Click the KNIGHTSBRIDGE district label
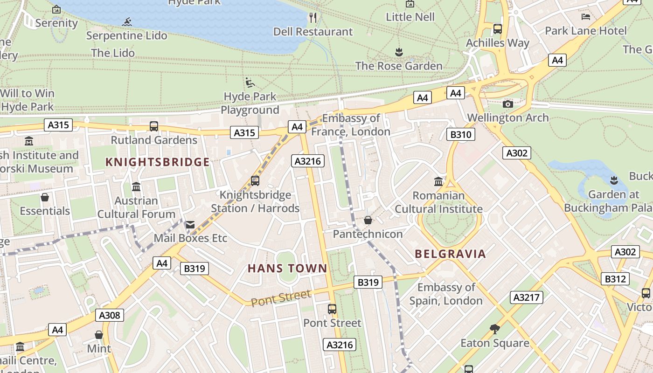click(157, 162)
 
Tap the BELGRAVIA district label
click(450, 254)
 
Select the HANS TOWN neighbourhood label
click(287, 269)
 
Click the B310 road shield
click(461, 135)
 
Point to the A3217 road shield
click(527, 297)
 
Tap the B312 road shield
click(615, 279)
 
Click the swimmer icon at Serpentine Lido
click(127, 22)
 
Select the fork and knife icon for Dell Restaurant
click(313, 18)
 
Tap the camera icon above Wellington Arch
click(508, 104)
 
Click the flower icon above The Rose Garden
click(399, 51)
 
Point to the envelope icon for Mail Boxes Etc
click(190, 225)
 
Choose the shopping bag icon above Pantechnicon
click(368, 220)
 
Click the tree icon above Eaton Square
click(494, 330)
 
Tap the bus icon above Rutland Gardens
click(154, 126)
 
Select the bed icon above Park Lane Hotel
click(586, 17)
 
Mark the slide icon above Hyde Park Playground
click(250, 83)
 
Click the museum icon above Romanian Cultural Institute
click(438, 181)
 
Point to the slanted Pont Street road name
click(281, 298)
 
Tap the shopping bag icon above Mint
click(99, 335)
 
